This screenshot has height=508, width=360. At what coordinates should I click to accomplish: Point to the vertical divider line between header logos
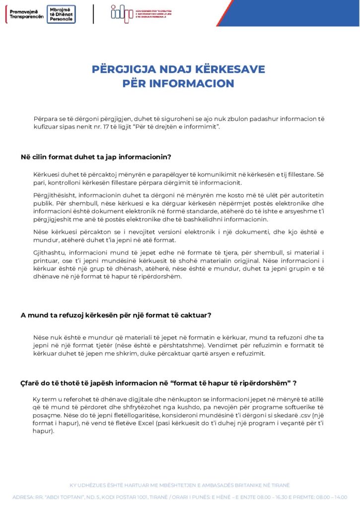[x=93, y=13]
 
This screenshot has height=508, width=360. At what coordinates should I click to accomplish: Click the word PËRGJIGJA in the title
[x=122, y=69]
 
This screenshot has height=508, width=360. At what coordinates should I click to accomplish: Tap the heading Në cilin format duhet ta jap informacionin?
[x=96, y=157]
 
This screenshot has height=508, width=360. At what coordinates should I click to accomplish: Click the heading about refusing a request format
[x=116, y=315]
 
